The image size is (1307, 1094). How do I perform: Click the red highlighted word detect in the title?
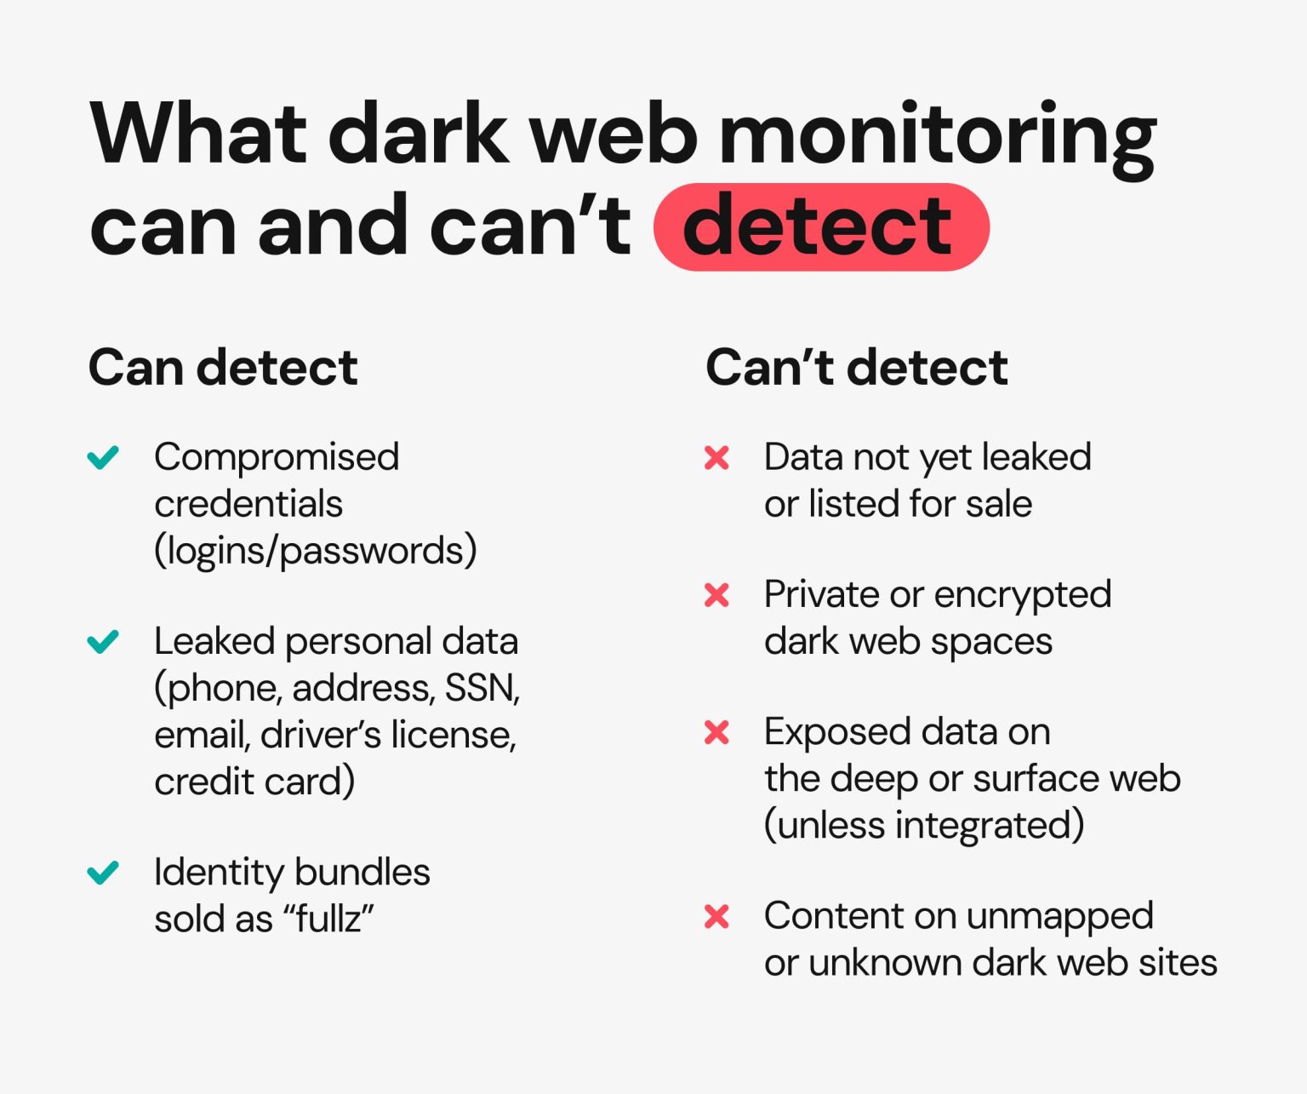(x=820, y=227)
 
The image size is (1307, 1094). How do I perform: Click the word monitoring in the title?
(x=937, y=136)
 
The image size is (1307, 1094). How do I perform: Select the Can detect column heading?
(x=223, y=368)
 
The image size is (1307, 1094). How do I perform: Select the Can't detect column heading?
(x=856, y=368)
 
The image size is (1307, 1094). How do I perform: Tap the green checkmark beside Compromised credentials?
(x=104, y=457)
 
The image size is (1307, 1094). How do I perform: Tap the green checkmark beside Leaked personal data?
(x=104, y=641)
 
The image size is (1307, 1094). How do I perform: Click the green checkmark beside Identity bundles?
(x=104, y=873)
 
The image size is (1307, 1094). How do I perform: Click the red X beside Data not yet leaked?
(x=716, y=458)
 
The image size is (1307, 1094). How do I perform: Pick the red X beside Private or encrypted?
(x=716, y=595)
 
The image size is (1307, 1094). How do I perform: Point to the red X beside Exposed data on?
(x=716, y=732)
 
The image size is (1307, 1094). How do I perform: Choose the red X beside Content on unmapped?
(x=716, y=917)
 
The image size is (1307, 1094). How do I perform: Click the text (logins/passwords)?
(x=315, y=551)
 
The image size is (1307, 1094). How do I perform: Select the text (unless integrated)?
(x=924, y=825)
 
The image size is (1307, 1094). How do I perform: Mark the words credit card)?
(x=254, y=782)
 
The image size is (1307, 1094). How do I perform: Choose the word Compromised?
(x=277, y=457)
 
